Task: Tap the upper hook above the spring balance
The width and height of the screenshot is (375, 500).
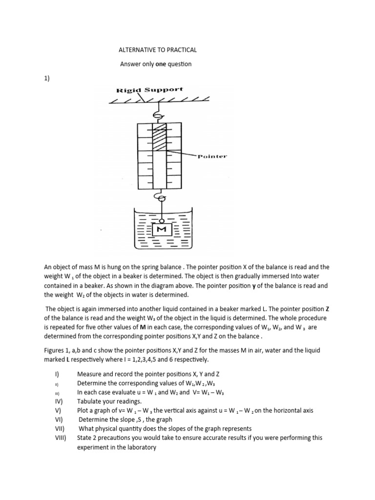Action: click(158, 115)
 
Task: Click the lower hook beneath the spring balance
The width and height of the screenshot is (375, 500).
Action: click(158, 197)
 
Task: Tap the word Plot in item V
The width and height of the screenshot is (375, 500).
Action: click(83, 411)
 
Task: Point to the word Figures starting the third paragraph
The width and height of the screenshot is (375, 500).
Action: click(55, 351)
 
